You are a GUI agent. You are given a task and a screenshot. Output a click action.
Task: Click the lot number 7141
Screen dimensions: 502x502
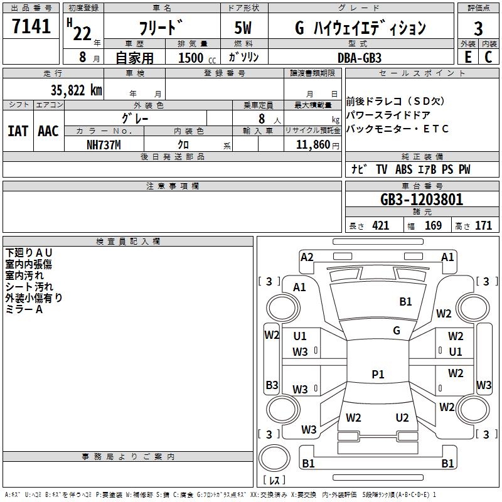[31, 26]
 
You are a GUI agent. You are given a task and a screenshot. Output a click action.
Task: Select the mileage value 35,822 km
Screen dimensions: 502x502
[76, 90]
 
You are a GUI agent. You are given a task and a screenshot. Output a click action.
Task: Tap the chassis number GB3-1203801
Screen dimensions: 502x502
[422, 200]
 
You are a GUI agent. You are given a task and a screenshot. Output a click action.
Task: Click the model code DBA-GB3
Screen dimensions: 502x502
[360, 58]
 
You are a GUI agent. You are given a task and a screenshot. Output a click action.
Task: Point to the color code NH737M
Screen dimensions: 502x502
[104, 145]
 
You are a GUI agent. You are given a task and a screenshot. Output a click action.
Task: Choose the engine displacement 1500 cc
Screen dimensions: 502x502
[197, 58]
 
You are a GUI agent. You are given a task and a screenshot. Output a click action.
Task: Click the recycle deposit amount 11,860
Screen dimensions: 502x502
[312, 145]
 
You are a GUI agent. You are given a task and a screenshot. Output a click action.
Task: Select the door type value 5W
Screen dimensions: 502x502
[243, 28]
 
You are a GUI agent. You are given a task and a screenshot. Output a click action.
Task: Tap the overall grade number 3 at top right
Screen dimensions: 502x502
[478, 29]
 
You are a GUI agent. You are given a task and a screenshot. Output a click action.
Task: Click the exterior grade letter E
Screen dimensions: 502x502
[468, 57]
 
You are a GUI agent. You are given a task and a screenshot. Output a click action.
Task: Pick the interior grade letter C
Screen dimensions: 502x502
[488, 57]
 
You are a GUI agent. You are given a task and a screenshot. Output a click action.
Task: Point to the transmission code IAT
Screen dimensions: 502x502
[18, 131]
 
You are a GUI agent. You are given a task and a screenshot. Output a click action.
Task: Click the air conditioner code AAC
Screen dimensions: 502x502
[48, 131]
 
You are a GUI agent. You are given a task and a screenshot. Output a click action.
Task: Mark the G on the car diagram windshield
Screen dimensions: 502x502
[397, 330]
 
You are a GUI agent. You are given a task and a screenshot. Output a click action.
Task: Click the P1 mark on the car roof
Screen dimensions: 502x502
[378, 374]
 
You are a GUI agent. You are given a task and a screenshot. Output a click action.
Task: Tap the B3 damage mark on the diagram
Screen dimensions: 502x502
[272, 385]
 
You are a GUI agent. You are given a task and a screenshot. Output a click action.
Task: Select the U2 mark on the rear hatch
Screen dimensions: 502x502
[402, 418]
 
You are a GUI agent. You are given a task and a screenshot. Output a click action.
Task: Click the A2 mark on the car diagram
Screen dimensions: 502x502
[307, 257]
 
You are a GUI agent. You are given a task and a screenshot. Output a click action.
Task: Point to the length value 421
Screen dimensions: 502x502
[381, 226]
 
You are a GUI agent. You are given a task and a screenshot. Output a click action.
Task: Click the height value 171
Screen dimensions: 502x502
[483, 226]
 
